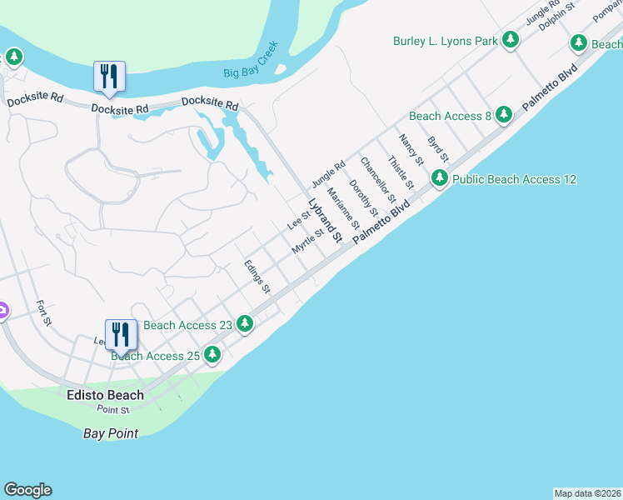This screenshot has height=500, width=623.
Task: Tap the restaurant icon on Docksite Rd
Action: coord(110,77)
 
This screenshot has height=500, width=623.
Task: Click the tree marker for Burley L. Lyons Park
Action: coord(511,40)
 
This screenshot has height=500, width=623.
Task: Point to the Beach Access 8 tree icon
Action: coord(503,115)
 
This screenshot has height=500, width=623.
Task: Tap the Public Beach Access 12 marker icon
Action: coord(440,178)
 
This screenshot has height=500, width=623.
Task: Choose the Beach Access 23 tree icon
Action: coord(244,323)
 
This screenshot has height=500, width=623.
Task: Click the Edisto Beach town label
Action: coord(105,395)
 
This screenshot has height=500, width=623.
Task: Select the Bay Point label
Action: coord(111,433)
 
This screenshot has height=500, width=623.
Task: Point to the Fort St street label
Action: coord(44,313)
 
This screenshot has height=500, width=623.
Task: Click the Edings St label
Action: coord(257,277)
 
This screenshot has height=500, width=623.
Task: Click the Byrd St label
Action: coord(438,147)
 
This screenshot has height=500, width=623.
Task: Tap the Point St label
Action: coord(113,410)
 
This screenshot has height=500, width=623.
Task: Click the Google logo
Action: coord(27,490)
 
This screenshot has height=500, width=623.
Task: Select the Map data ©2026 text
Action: coord(587,493)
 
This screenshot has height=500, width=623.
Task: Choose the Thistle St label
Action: coord(401,171)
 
